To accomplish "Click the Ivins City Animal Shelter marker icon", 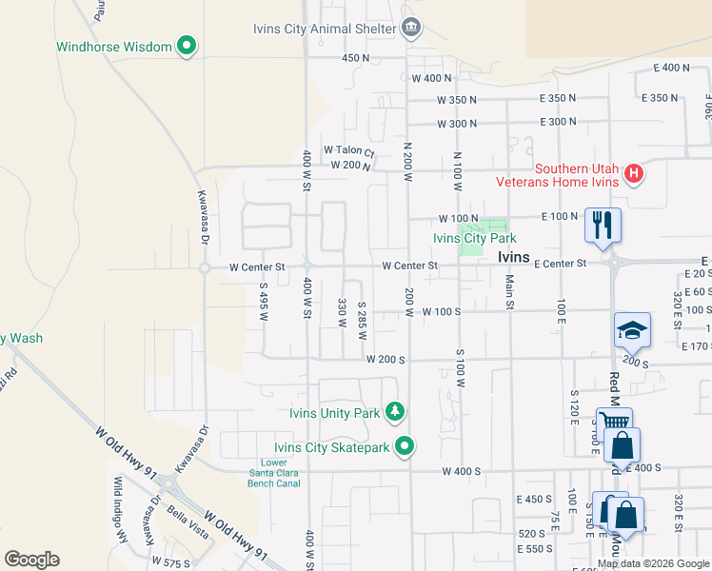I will (x=411, y=28).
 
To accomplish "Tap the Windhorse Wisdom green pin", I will (x=188, y=46).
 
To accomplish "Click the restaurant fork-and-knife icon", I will (x=603, y=225).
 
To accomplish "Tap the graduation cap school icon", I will (x=632, y=330).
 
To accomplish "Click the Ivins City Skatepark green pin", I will (x=405, y=445).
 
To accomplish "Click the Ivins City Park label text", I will (x=475, y=239).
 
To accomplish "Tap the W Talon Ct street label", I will (x=349, y=150).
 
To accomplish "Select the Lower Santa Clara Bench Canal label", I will (x=274, y=473).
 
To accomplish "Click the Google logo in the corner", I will (x=31, y=560).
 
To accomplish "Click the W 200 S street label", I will (x=386, y=360).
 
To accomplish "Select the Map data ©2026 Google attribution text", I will (x=652, y=563).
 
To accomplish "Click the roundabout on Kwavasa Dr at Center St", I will (x=204, y=268).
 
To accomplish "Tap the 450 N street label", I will (x=356, y=58).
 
